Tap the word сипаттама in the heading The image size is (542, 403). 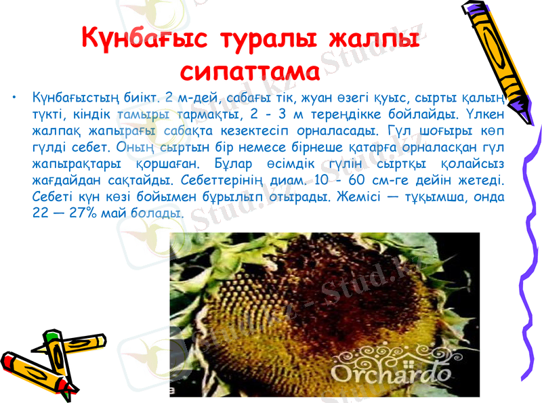(x=251, y=70)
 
